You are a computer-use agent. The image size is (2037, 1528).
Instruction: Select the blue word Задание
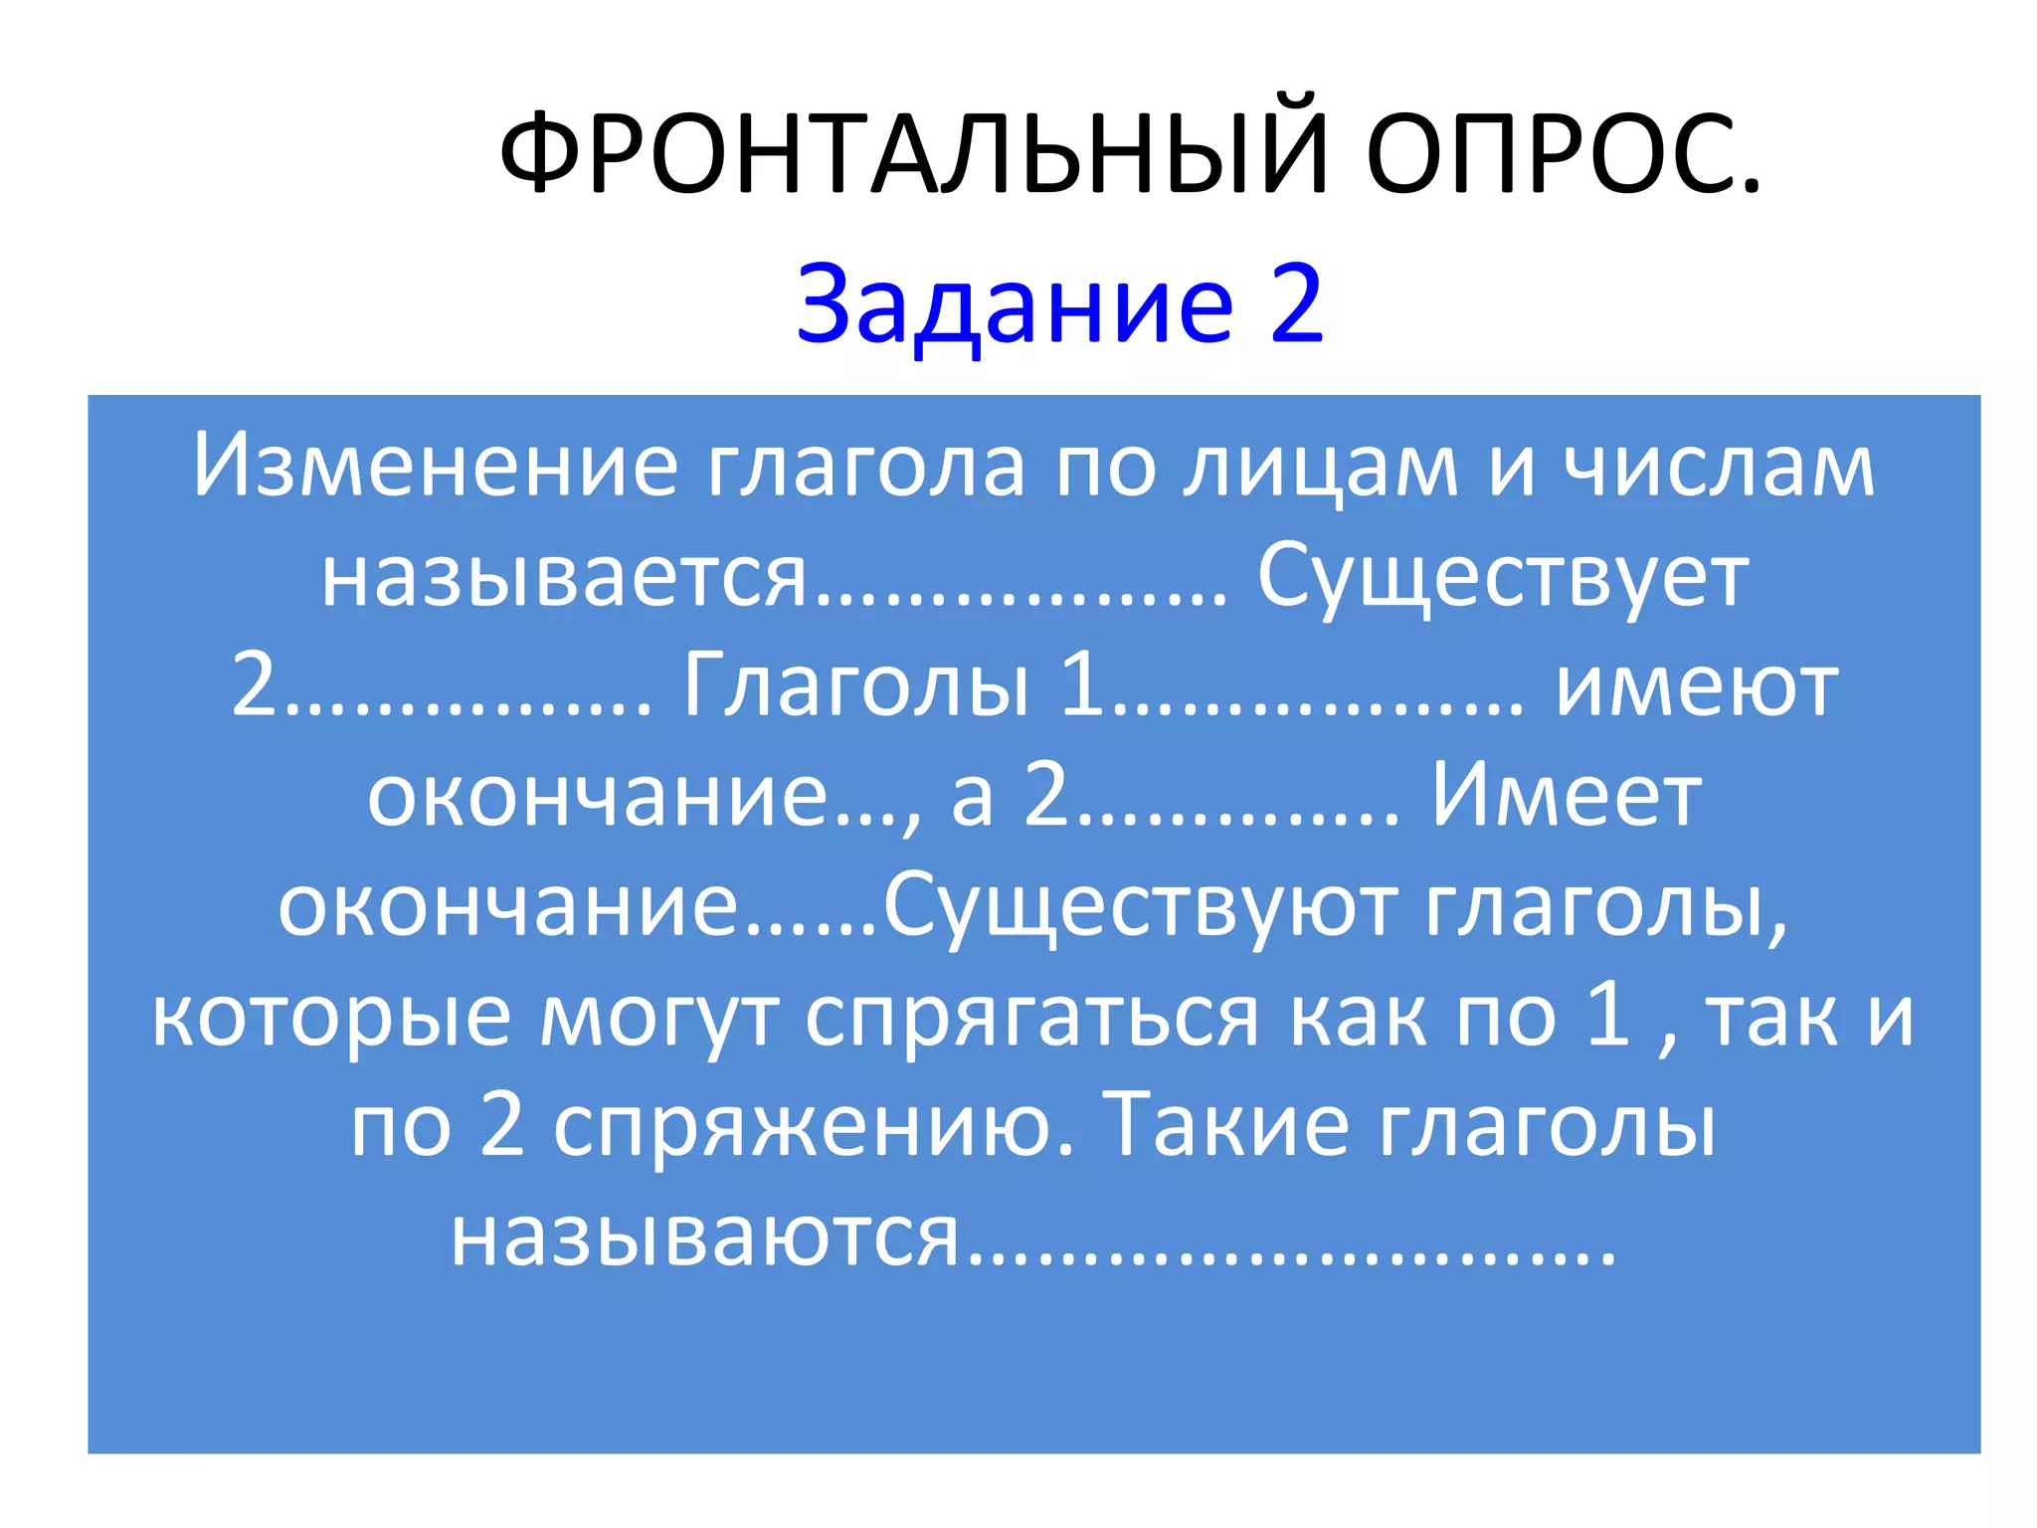[1015, 304]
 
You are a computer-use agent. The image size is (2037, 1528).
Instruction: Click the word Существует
[1503, 577]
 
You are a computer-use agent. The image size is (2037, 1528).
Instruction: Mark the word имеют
[1697, 686]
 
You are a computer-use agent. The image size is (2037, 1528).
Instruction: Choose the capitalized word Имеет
[1566, 796]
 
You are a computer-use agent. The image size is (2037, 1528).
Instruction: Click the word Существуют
[1140, 906]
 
